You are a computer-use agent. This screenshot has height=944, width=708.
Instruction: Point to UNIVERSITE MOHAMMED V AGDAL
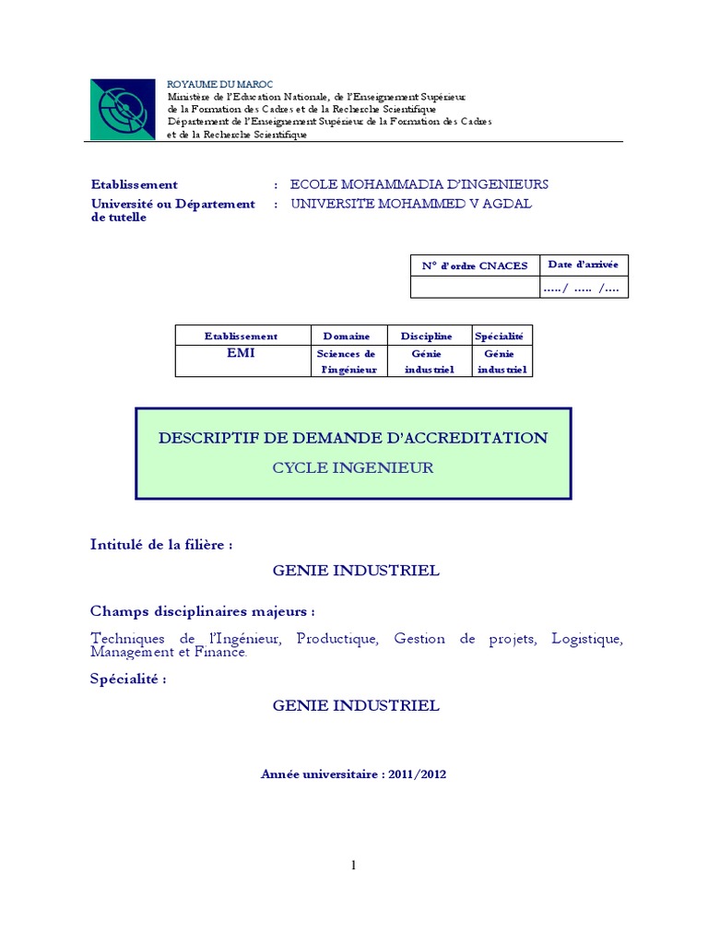click(x=411, y=204)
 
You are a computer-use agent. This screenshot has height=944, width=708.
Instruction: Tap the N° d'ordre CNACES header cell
click(x=475, y=265)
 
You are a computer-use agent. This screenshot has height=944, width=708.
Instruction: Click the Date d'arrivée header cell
click(x=584, y=265)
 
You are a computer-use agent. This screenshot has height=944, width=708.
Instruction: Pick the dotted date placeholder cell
click(x=584, y=288)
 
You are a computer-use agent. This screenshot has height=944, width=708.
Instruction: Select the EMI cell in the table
click(x=242, y=353)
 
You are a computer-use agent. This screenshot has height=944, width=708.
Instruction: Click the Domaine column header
click(x=347, y=336)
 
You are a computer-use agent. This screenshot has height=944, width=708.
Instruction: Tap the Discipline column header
click(x=427, y=336)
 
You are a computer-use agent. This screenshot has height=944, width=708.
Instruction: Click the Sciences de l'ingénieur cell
click(x=347, y=361)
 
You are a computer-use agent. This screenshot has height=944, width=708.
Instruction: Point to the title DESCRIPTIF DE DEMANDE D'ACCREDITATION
click(x=353, y=438)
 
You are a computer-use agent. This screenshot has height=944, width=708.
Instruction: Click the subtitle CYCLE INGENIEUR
click(x=353, y=467)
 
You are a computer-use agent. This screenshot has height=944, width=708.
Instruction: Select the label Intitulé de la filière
click(x=161, y=544)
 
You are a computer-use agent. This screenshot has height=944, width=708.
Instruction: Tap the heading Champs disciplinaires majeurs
click(x=203, y=611)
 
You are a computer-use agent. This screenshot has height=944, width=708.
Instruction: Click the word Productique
click(x=337, y=639)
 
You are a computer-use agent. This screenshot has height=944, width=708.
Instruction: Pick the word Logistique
click(x=587, y=639)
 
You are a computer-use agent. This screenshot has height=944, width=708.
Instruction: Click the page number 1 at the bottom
click(x=353, y=865)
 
